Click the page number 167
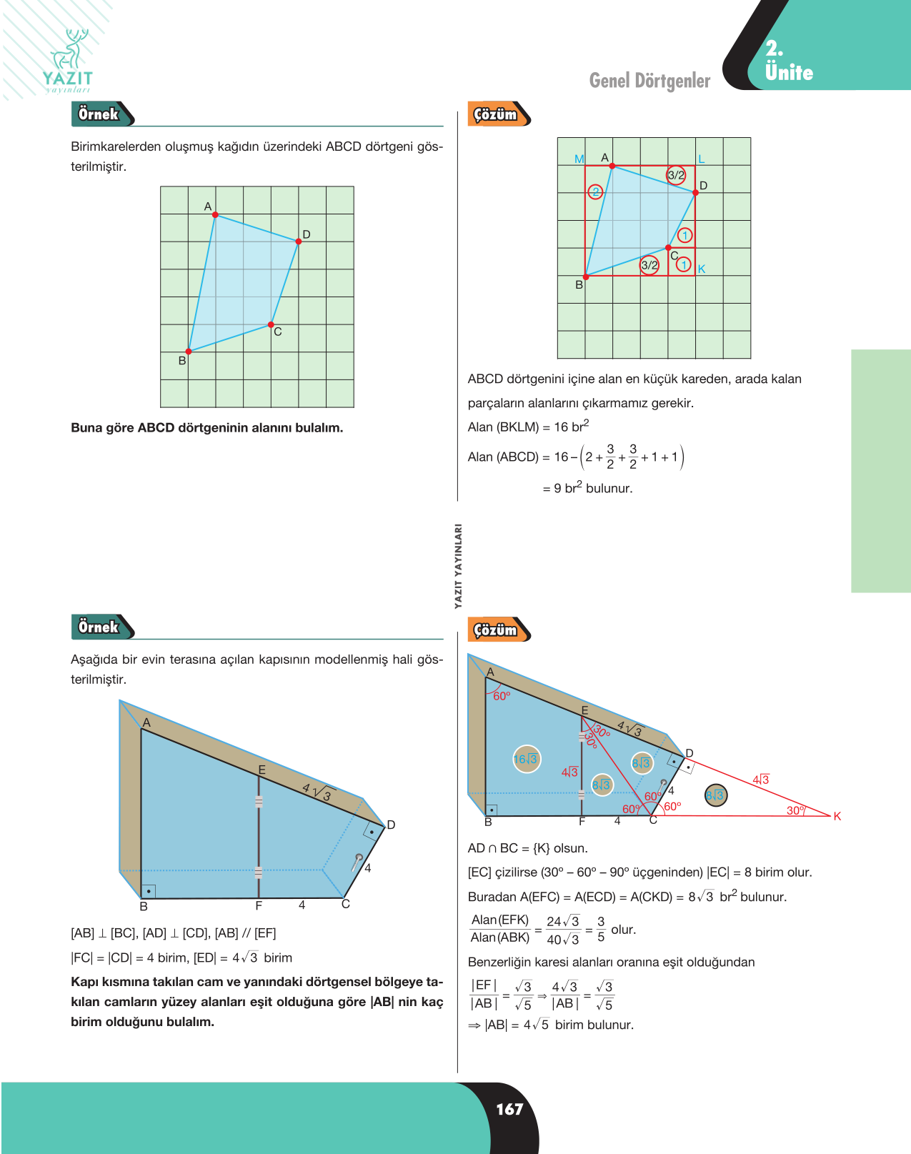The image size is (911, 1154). (x=509, y=1108)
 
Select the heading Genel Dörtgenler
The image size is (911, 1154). (x=649, y=81)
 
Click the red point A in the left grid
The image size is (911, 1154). (x=215, y=214)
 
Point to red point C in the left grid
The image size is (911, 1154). (x=271, y=324)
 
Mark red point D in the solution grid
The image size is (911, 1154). (x=695, y=192)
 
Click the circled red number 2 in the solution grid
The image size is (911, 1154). (x=595, y=191)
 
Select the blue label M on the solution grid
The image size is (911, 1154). (x=579, y=159)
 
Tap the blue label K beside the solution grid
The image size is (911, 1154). (x=702, y=269)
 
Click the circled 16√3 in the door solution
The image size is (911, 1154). (x=526, y=759)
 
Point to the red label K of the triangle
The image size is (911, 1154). (x=837, y=816)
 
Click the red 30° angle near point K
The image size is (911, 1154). (x=796, y=810)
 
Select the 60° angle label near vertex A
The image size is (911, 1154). (x=502, y=696)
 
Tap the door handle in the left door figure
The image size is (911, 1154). (x=357, y=862)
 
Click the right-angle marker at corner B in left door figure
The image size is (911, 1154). (x=148, y=891)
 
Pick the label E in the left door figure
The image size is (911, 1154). (x=262, y=770)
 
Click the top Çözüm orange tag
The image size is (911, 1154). (x=499, y=114)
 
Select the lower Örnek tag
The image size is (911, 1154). (x=102, y=627)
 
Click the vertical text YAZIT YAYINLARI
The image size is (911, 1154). (x=458, y=566)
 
